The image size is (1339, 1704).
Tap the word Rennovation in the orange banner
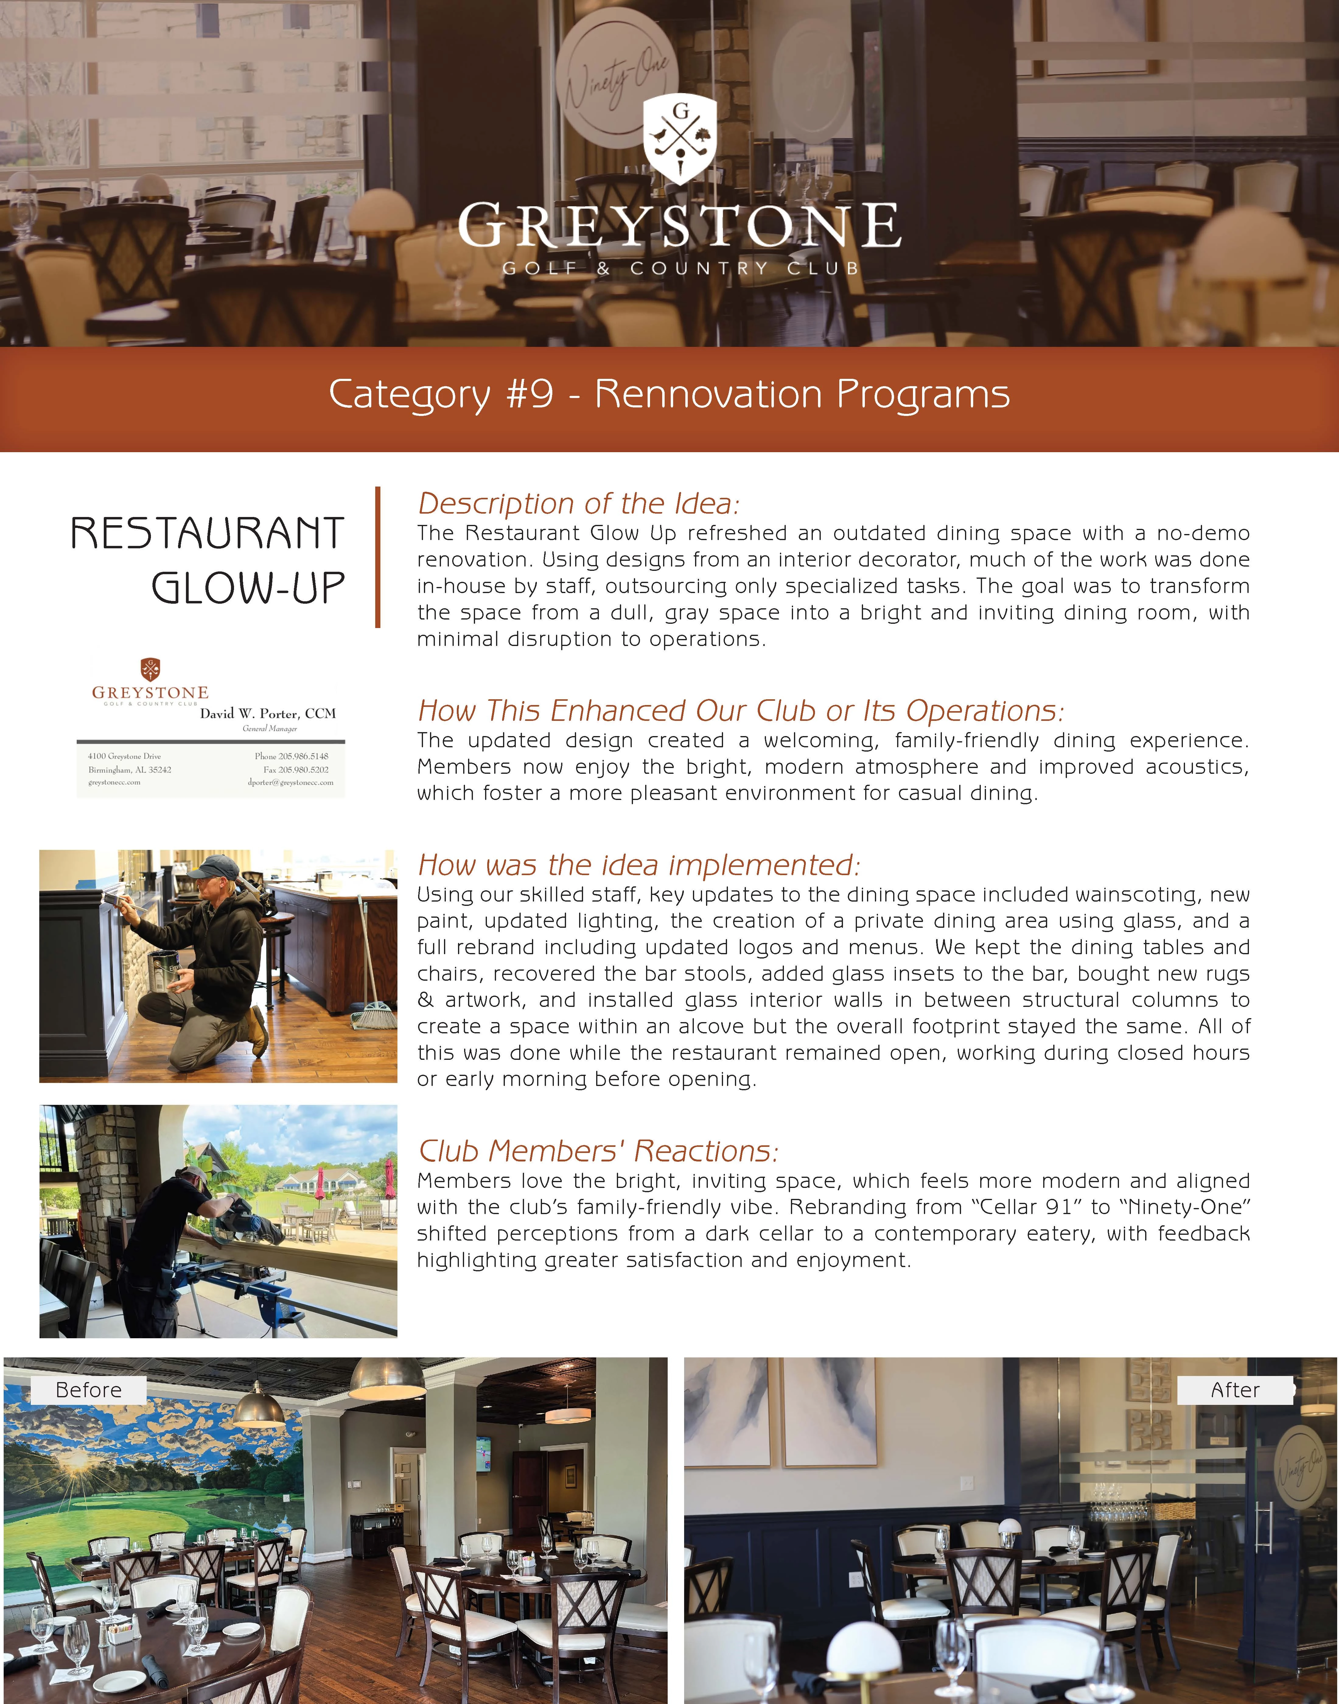(x=710, y=394)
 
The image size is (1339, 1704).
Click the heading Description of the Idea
(x=579, y=503)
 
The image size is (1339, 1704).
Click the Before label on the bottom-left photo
(x=89, y=1390)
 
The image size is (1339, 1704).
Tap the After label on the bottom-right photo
(x=1235, y=1390)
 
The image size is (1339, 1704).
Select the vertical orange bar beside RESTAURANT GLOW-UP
(x=378, y=557)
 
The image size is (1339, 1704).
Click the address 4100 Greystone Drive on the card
(x=125, y=756)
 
